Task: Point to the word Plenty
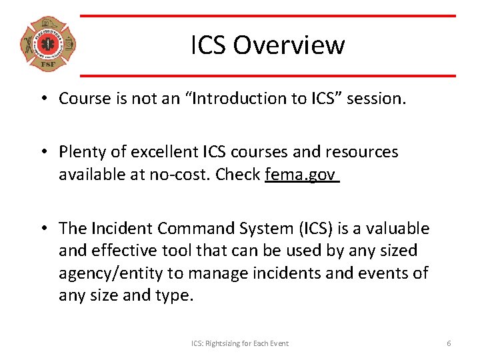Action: tap(82, 152)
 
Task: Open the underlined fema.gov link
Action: tap(301, 174)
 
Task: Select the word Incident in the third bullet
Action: tap(120, 229)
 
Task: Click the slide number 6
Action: tap(449, 343)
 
